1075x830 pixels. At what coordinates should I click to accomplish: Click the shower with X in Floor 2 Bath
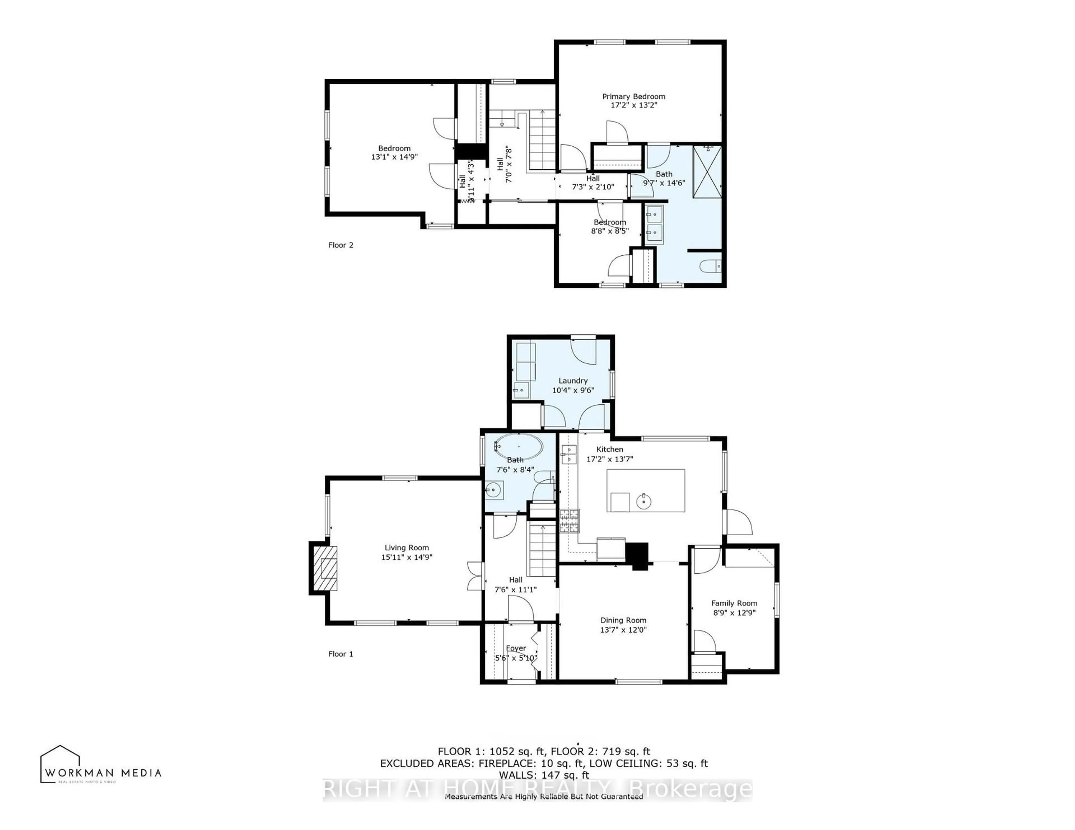(707, 172)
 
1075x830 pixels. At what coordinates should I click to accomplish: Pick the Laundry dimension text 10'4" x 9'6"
(573, 390)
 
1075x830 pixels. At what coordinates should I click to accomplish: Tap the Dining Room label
(623, 620)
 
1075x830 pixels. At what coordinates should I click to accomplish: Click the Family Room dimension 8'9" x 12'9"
(734, 613)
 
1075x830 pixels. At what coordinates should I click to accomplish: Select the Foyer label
(516, 648)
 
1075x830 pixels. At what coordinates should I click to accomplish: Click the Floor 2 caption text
(341, 245)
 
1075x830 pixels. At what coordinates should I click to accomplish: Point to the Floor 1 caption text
(341, 654)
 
